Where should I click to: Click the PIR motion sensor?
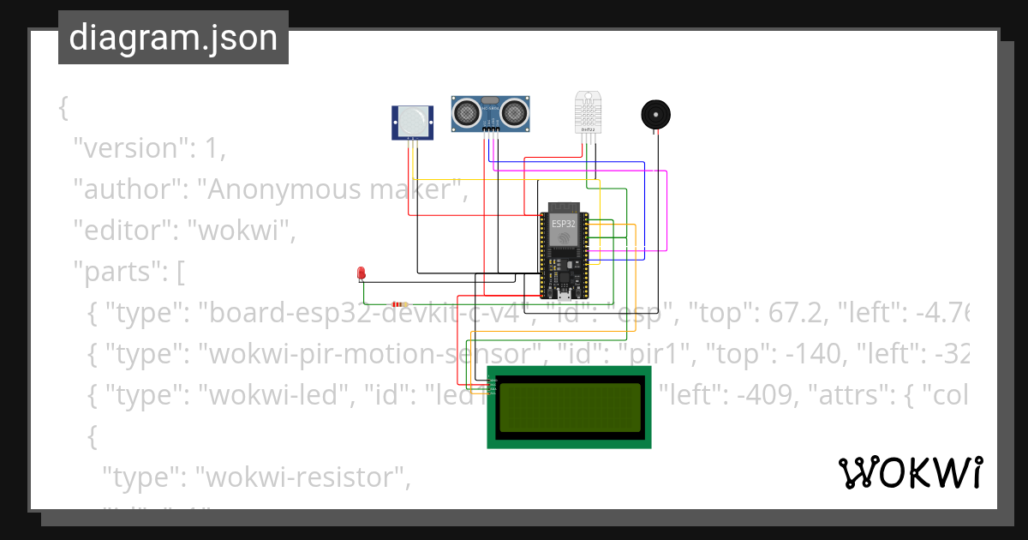(x=414, y=122)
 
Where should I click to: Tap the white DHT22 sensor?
(x=589, y=111)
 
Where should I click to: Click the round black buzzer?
(x=656, y=115)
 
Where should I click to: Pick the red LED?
(x=361, y=273)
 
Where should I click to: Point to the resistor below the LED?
(x=398, y=304)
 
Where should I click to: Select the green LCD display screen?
(x=570, y=407)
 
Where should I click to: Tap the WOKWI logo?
(x=910, y=472)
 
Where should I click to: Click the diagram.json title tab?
(x=173, y=38)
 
